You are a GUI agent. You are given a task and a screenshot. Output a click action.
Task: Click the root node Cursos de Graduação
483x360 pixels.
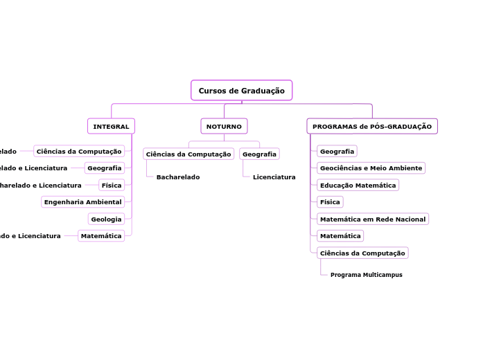[x=241, y=91]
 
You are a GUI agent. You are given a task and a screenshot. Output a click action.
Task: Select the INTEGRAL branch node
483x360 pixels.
[x=111, y=127]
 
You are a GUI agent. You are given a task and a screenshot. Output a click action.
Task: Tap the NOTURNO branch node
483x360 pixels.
[x=224, y=127]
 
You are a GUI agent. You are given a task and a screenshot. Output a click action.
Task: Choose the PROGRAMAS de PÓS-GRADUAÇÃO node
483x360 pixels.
[x=371, y=127]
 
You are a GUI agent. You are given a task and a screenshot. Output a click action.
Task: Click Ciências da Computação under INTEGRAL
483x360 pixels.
[x=79, y=152]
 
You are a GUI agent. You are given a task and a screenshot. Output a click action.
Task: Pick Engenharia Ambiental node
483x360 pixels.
[x=82, y=202]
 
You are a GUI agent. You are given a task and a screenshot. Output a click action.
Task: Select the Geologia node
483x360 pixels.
[x=106, y=219]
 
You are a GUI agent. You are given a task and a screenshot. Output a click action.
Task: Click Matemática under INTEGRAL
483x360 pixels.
[x=101, y=236]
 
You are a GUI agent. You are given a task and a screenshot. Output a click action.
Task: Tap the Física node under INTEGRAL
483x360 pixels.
[x=111, y=186]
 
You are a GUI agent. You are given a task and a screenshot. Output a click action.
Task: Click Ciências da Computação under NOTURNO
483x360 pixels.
[x=188, y=154]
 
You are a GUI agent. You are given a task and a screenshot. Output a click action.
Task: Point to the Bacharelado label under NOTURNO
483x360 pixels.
[x=178, y=177]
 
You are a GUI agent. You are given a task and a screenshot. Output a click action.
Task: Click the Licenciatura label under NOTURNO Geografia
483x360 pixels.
[x=274, y=177]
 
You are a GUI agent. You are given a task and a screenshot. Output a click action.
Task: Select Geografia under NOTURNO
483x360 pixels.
[x=259, y=154]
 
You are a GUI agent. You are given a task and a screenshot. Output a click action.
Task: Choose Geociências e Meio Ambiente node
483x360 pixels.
[x=371, y=168]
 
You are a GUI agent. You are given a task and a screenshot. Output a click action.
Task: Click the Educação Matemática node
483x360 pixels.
[x=358, y=186]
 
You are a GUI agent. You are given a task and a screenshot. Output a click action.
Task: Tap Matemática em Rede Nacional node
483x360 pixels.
[x=373, y=219]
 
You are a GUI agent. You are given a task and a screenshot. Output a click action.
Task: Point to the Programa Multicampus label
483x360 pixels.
[x=366, y=275]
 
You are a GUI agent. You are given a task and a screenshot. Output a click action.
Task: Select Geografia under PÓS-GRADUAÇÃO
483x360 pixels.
[x=337, y=152]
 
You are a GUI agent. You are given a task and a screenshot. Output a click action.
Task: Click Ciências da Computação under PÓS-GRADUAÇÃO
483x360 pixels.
[x=362, y=253]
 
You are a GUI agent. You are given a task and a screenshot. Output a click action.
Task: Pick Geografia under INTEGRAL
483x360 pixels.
[x=105, y=168]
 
